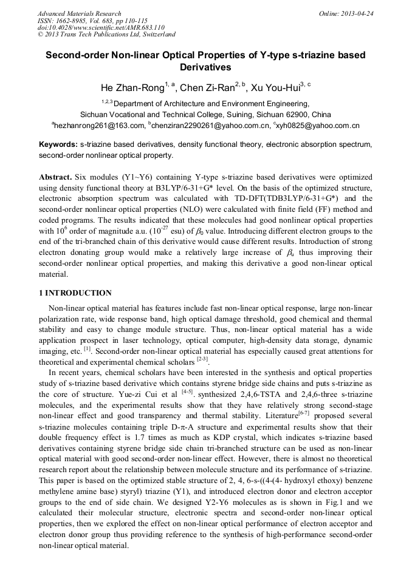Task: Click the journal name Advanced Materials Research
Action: coord(79,13)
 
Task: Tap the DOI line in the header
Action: coord(101,27)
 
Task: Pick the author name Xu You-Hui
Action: coord(276,88)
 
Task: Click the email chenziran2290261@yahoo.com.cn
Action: coord(212,126)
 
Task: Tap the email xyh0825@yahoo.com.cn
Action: coord(319,126)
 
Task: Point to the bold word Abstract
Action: coord(55,176)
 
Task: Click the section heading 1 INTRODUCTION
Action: coord(75,293)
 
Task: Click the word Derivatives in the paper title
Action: coord(205,66)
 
